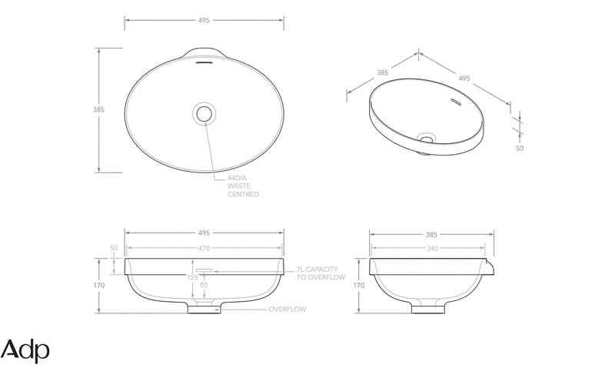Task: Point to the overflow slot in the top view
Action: click(x=204, y=63)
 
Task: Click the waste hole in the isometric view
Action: click(x=425, y=139)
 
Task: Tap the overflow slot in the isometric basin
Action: click(x=454, y=101)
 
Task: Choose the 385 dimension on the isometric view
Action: click(x=381, y=73)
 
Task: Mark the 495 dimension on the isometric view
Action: click(x=464, y=78)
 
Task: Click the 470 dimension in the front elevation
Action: click(x=204, y=248)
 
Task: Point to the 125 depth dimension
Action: click(x=192, y=276)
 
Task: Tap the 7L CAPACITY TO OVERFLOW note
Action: click(x=321, y=273)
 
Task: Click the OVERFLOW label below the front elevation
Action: click(x=287, y=309)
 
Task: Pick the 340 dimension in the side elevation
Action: click(x=430, y=248)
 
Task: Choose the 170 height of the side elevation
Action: click(x=358, y=285)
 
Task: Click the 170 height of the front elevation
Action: click(x=98, y=285)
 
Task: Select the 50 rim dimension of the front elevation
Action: click(x=115, y=248)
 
